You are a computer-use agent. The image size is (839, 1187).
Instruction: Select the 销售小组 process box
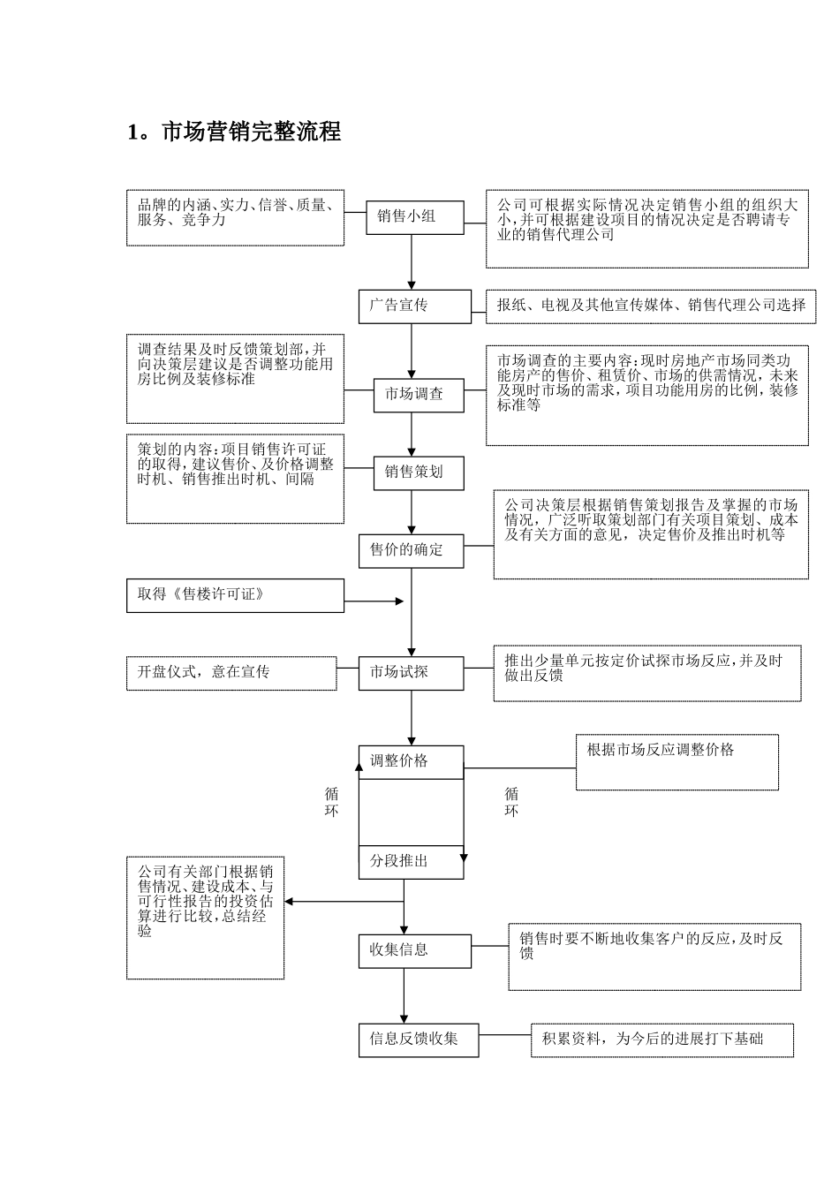(414, 216)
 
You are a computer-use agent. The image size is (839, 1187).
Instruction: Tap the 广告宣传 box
(414, 306)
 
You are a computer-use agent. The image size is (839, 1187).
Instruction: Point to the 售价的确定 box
(412, 549)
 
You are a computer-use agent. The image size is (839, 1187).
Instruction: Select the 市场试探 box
(411, 673)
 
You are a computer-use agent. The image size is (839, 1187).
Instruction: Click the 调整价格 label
(399, 760)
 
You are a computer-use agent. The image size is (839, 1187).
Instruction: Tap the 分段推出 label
(399, 861)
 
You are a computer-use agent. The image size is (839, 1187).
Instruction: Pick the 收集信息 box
(414, 950)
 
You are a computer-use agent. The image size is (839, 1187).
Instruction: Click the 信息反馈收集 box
(419, 1040)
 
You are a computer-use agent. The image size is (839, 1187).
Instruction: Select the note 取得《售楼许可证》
(234, 595)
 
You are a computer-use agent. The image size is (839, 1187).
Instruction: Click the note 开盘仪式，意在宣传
(231, 673)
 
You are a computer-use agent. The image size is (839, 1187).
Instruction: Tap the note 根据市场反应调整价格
(676, 761)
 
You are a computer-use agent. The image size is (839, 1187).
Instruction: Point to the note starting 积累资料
(661, 1040)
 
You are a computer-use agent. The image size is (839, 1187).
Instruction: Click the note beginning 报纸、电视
(652, 306)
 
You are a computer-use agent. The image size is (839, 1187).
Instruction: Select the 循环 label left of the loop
(331, 802)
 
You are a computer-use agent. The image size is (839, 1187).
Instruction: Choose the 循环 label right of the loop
(511, 802)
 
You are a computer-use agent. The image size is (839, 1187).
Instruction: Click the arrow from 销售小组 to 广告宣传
(412, 261)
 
